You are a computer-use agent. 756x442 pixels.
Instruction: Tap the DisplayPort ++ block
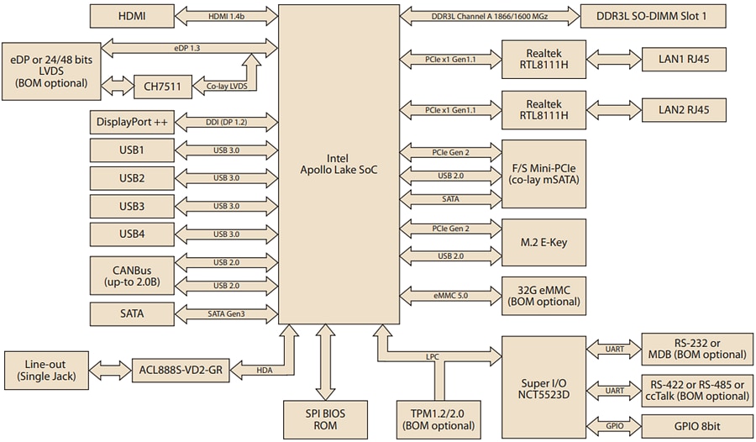[132, 123]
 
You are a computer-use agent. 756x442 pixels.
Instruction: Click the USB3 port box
[132, 206]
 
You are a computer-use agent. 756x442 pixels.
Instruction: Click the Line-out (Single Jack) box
[46, 369]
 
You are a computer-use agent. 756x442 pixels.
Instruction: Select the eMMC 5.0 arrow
[450, 295]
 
